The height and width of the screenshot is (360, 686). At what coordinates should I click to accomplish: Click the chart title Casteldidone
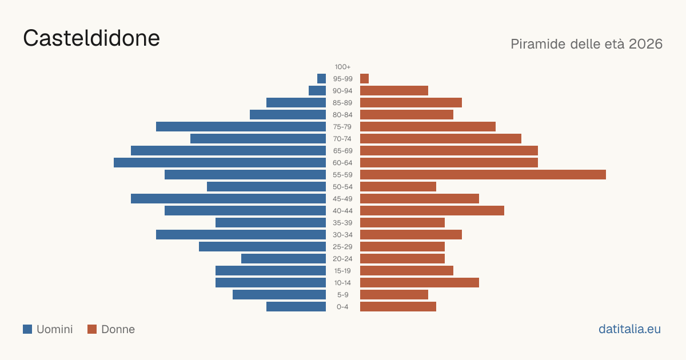91,38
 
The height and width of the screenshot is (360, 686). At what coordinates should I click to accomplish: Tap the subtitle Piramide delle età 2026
587,44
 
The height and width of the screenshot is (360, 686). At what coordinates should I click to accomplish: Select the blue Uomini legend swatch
27,329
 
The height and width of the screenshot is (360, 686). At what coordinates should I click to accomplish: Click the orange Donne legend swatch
92,329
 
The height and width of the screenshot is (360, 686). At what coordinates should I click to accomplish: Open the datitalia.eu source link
629,329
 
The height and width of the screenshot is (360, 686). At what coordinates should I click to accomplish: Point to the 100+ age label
342,67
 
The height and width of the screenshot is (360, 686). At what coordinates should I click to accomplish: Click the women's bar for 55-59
483,175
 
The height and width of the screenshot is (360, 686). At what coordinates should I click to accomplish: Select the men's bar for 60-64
220,162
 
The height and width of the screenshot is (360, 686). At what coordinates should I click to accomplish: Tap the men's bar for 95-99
321,79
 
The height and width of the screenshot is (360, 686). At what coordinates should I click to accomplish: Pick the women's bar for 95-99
365,79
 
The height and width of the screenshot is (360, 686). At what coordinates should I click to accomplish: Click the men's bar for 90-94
317,91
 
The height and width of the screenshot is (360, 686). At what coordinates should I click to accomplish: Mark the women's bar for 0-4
398,307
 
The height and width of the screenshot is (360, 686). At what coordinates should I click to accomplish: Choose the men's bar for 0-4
296,307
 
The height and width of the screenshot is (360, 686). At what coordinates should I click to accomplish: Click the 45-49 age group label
342,199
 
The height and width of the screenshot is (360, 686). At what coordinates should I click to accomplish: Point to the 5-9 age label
342,295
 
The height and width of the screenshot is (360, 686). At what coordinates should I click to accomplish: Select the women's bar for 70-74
441,139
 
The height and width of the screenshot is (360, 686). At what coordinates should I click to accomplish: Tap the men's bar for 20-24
284,259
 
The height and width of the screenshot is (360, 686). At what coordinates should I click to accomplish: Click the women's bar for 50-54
398,187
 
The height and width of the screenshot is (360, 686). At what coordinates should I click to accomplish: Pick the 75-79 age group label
342,127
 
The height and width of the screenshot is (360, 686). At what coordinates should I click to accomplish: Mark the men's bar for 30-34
241,235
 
